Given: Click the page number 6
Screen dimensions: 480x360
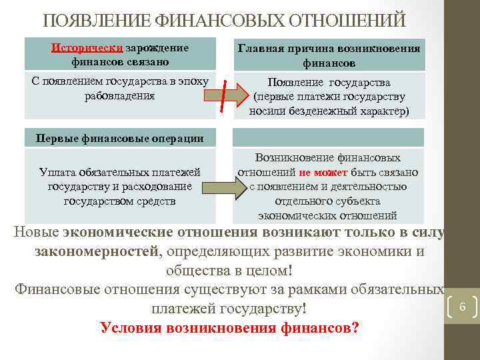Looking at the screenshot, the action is [462, 307].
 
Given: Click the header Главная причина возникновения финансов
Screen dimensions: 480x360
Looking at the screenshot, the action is [329, 55].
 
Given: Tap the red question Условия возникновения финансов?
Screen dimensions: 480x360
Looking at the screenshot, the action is [229, 328].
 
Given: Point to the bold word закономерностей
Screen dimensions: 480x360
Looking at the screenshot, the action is [97, 251].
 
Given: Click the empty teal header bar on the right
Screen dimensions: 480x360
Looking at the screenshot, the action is [329, 137].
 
